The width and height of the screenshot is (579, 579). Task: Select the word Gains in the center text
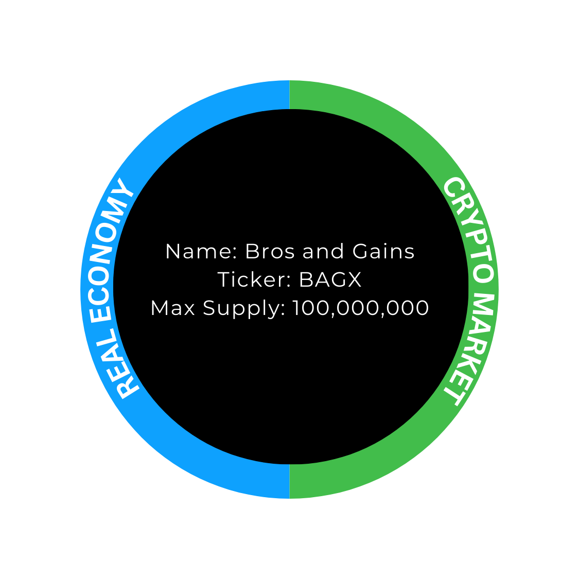pos(383,252)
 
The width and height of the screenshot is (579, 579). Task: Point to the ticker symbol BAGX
pos(330,280)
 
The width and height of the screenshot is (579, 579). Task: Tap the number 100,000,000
pos(361,308)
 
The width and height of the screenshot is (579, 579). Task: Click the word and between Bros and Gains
pos(323,252)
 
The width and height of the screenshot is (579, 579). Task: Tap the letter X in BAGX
pos(354,280)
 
